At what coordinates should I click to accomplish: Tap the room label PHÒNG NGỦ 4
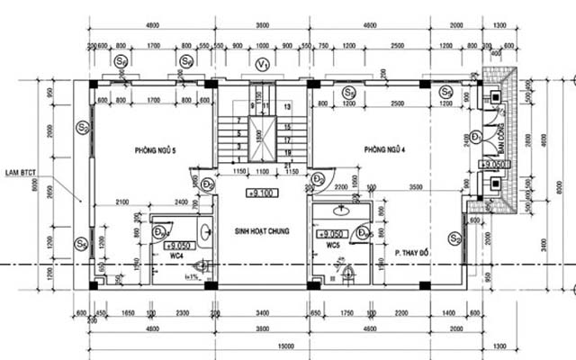coord(387,149)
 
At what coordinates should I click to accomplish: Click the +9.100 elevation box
coord(261,193)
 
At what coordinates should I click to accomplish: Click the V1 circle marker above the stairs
coord(262,64)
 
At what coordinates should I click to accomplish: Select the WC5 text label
coord(332,245)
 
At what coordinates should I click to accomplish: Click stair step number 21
coord(286,153)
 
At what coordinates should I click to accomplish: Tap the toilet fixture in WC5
coord(346,271)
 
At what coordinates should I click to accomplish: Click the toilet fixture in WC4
coord(201,265)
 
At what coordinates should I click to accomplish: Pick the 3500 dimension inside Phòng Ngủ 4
coord(413,188)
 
